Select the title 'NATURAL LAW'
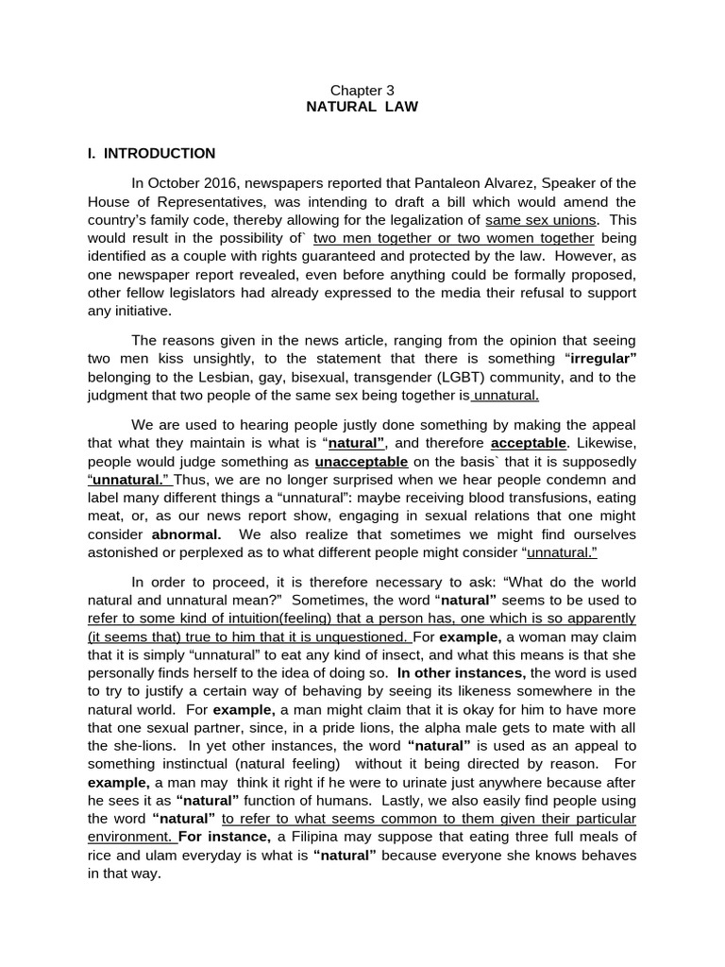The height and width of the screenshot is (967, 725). click(x=362, y=107)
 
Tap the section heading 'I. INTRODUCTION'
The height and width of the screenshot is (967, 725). click(x=151, y=153)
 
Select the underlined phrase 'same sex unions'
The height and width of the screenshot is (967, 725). click(x=536, y=220)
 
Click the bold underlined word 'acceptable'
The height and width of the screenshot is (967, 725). click(x=529, y=442)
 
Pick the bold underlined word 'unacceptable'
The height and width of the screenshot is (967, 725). click(x=362, y=462)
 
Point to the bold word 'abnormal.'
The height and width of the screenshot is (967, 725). click(x=187, y=534)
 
